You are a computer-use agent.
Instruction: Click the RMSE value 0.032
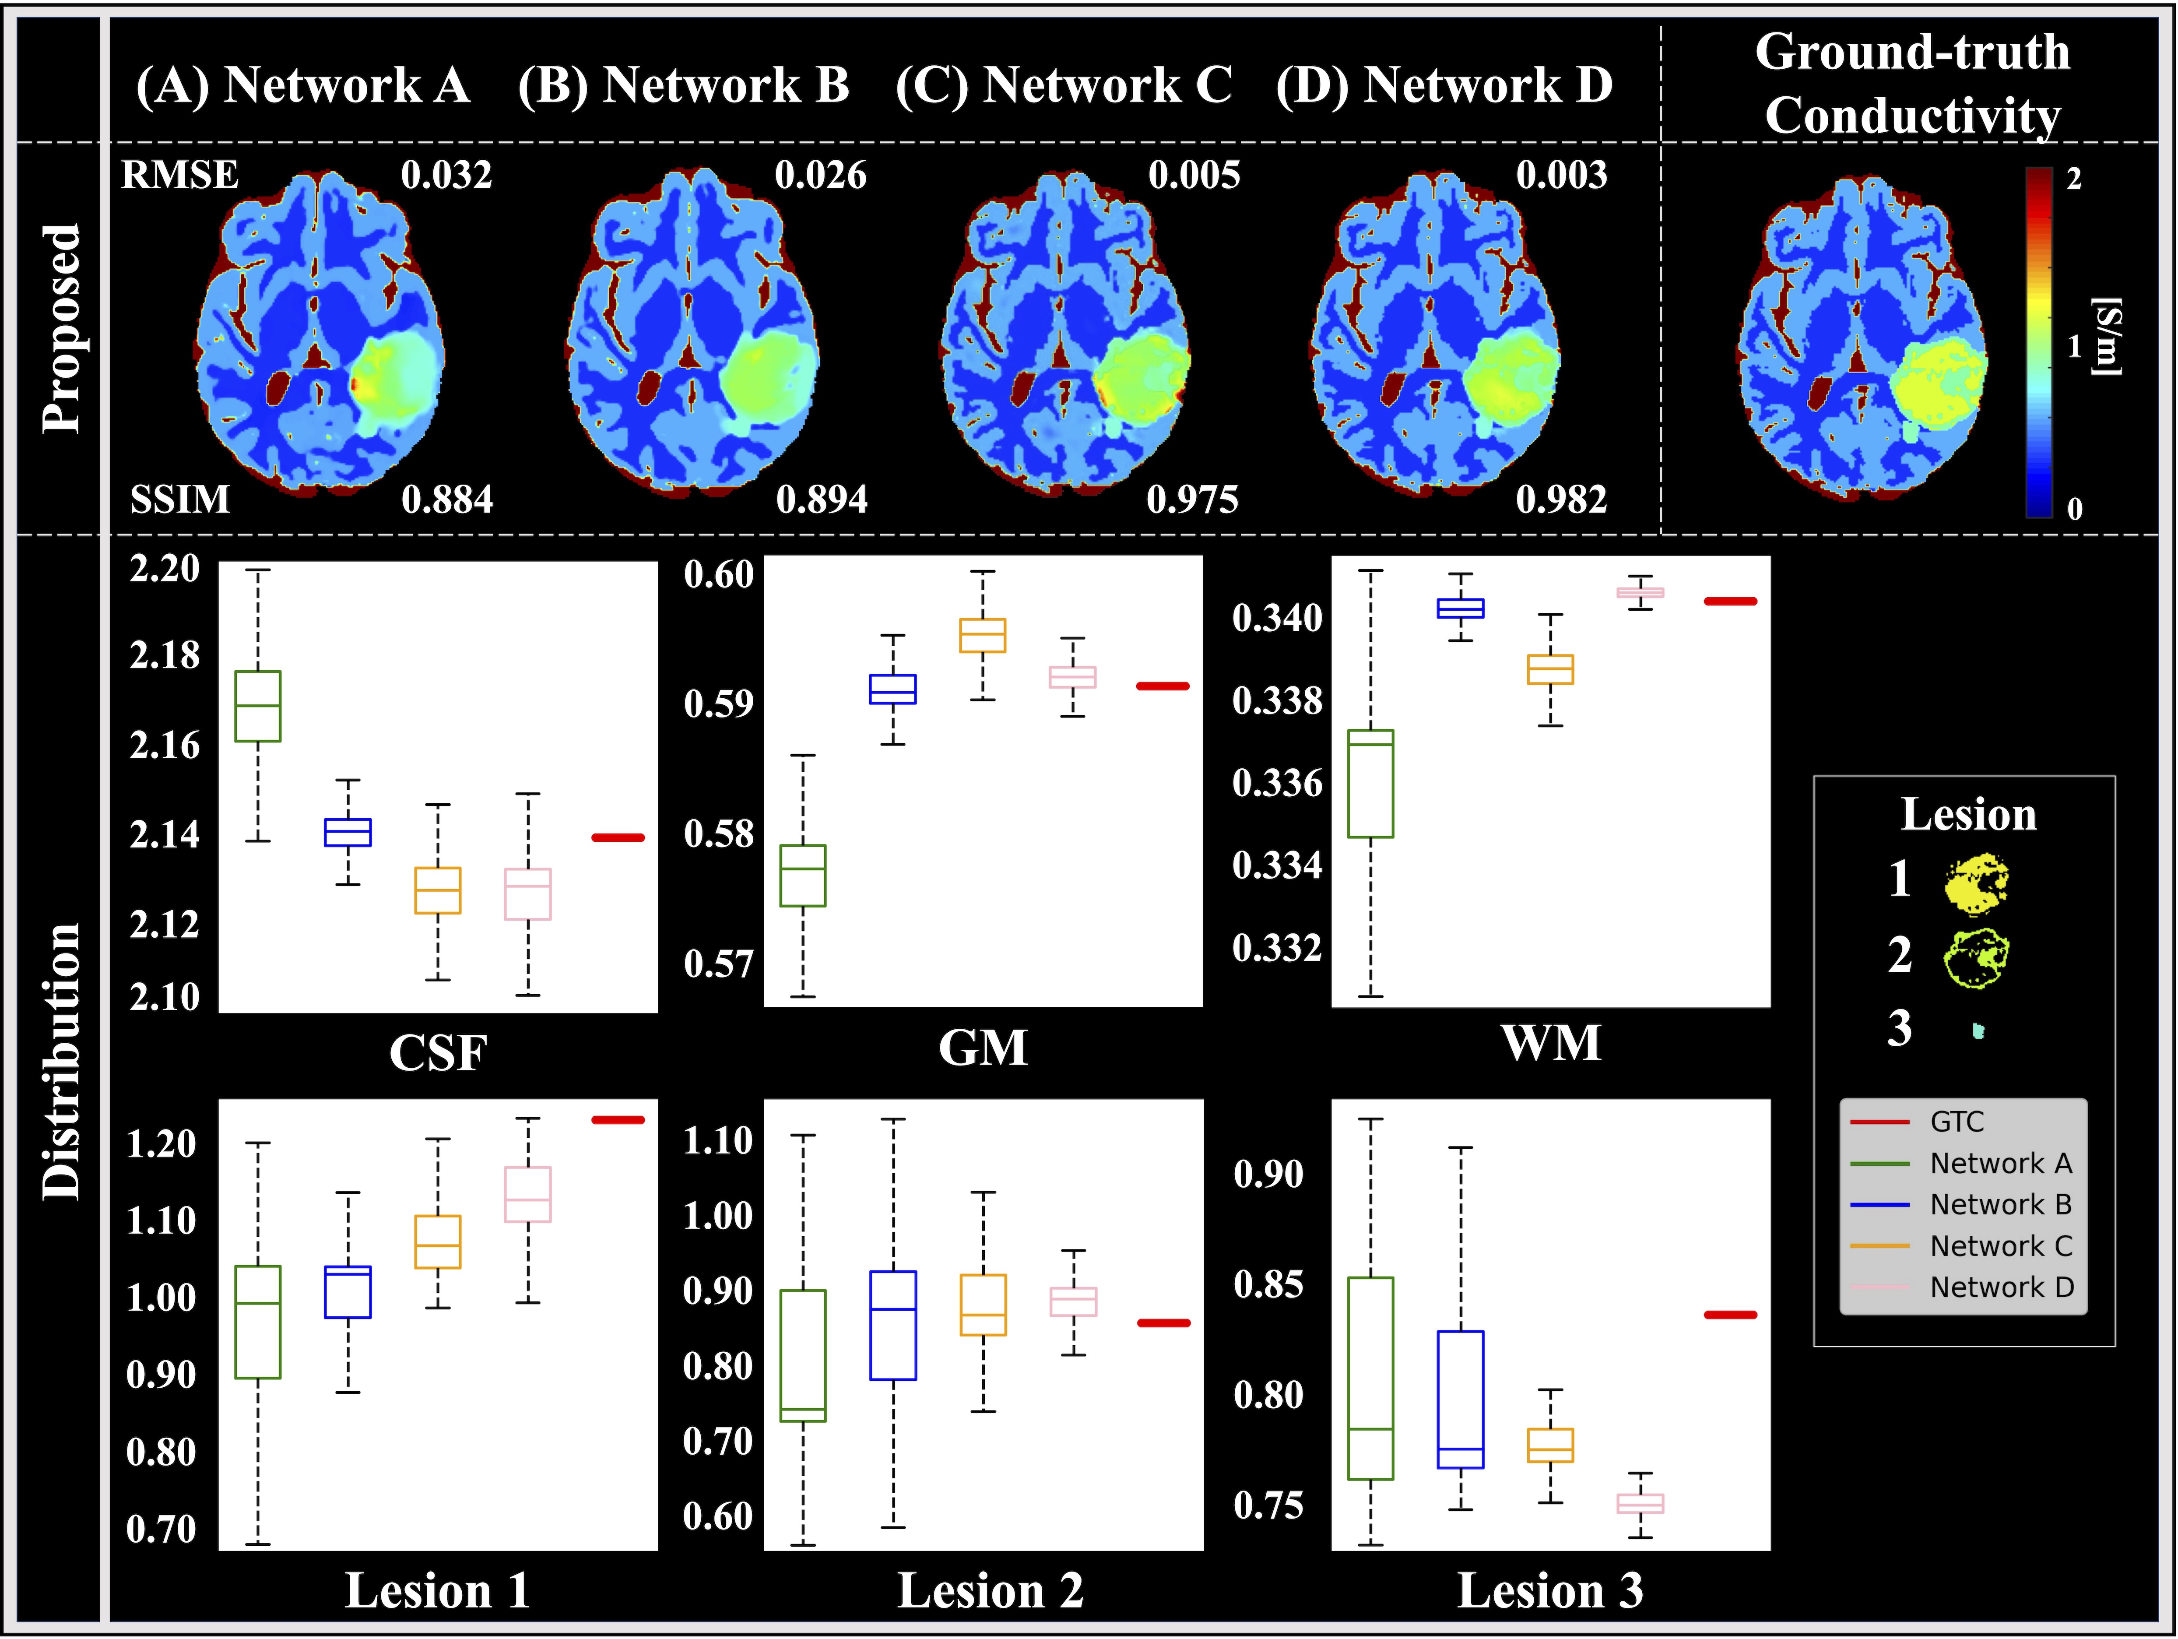pos(446,175)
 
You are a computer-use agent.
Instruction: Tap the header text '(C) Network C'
pos(1064,85)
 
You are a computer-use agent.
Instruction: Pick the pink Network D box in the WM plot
pos(1641,592)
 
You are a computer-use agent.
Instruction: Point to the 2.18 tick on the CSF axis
pos(165,655)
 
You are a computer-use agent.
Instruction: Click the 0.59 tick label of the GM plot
pos(719,703)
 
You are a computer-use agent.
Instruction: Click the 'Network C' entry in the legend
pos(2001,1246)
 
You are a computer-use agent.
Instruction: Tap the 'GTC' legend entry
pos(1957,1122)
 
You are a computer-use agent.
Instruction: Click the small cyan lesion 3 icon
pos(1978,1031)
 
